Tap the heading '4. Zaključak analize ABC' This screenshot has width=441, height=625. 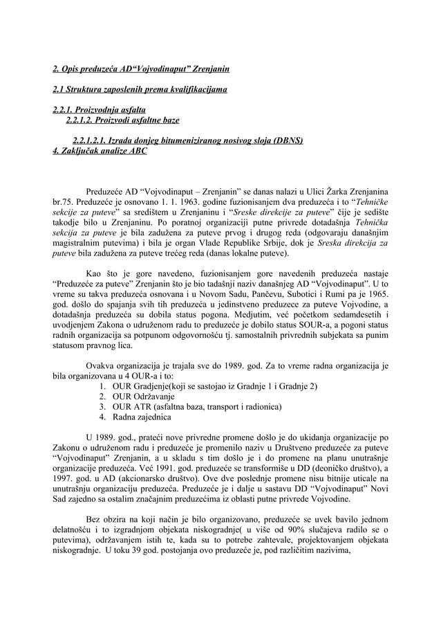point(100,150)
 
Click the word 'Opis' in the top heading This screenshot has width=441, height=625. point(71,69)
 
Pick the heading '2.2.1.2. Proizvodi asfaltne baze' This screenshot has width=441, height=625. point(122,120)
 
